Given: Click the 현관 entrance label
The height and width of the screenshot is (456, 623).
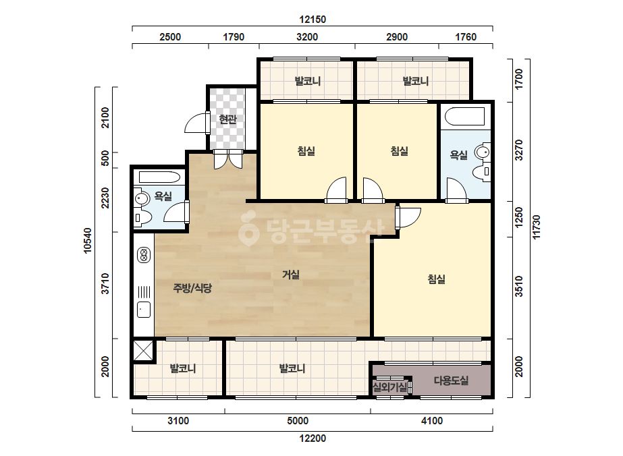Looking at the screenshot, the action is click(x=227, y=119).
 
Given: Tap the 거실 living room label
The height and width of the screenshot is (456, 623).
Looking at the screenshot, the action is click(x=290, y=275).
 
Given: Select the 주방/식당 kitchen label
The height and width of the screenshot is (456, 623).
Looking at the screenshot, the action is click(x=192, y=288).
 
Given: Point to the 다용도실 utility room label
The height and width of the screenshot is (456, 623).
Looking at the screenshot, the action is click(x=451, y=380).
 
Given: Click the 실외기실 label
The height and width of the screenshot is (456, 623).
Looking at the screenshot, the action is click(x=389, y=387).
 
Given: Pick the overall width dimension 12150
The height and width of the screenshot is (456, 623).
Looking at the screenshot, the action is click(x=313, y=19).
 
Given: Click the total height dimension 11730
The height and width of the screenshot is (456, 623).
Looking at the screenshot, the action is click(x=537, y=227).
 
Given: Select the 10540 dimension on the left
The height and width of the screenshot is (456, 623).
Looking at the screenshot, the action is click(x=88, y=240).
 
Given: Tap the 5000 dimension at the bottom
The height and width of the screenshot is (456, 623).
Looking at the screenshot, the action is click(x=298, y=420).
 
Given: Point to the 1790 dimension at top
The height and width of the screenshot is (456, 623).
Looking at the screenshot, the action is click(x=234, y=37).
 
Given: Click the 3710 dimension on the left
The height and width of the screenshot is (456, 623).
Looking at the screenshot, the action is click(x=105, y=283).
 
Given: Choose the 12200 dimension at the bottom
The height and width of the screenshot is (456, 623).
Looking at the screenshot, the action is click(x=313, y=438).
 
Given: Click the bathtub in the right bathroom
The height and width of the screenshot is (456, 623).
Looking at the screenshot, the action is click(x=464, y=117).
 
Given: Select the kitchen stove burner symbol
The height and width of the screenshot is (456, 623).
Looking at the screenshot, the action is click(x=144, y=255).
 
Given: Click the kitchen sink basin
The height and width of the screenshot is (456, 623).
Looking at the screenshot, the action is click(x=144, y=310).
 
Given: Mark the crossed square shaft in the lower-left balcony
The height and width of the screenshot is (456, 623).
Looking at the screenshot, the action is click(x=143, y=350).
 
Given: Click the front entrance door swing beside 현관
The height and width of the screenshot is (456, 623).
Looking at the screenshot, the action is click(x=197, y=123).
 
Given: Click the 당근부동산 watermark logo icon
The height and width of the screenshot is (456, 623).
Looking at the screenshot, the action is click(x=248, y=229).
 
